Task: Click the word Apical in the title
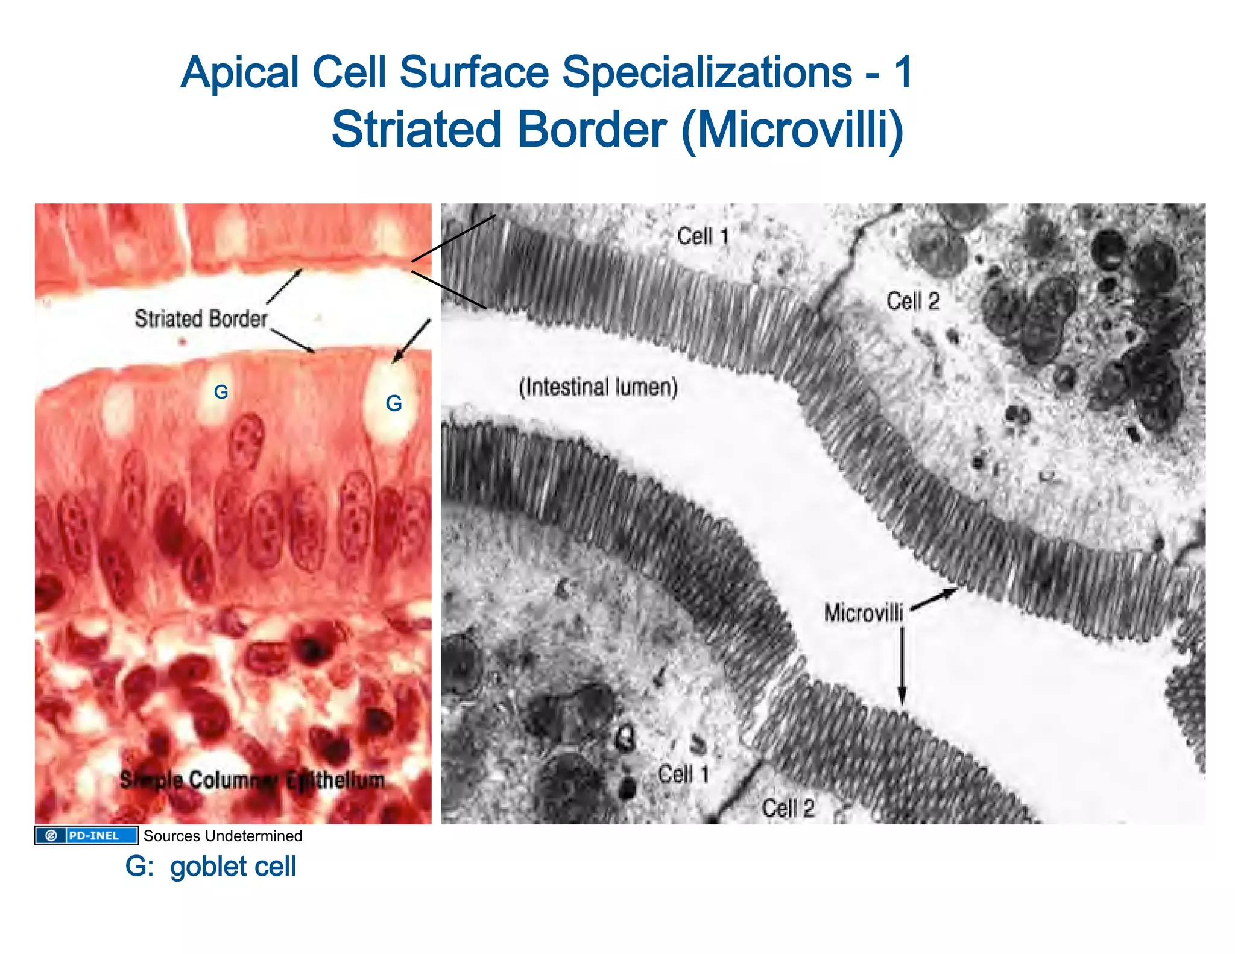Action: coord(241,72)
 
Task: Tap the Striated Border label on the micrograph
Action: coord(201,318)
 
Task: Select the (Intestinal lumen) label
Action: coord(598,387)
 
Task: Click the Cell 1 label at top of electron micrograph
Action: coord(703,236)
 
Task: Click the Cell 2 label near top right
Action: coord(913,301)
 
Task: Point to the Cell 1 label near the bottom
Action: coord(683,774)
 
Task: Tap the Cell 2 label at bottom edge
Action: coord(788,808)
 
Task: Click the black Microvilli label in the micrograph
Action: coord(864,613)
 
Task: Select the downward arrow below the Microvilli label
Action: coord(902,666)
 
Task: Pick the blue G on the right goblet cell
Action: coord(394,403)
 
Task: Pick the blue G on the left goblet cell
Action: coord(221,392)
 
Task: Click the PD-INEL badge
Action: coord(86,835)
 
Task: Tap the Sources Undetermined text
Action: coord(223,836)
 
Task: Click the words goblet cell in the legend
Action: coord(233,867)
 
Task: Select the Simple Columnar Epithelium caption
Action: coord(252,780)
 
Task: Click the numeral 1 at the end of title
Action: coord(903,72)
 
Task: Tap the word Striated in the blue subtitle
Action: coord(416,130)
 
